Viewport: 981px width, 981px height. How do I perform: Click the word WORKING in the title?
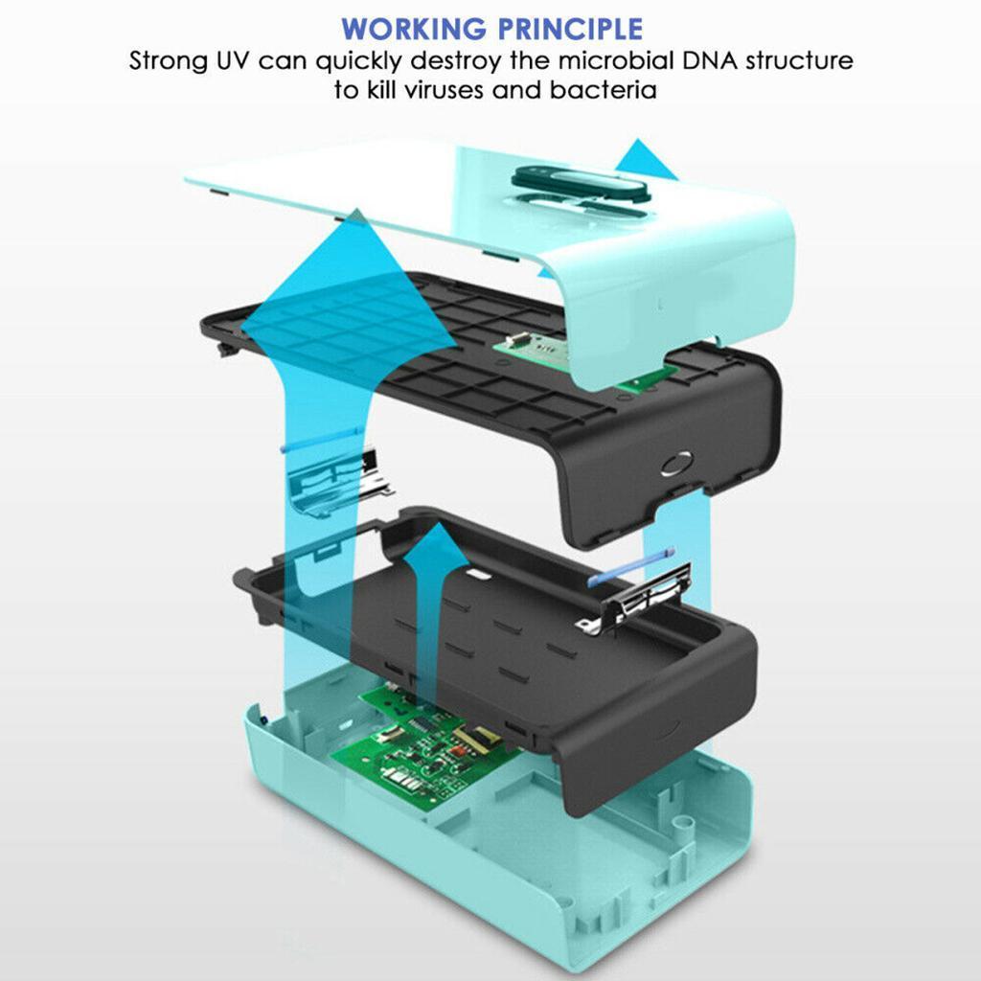(414, 29)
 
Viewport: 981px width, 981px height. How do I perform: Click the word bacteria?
(604, 89)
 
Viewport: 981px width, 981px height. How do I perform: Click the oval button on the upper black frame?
(676, 464)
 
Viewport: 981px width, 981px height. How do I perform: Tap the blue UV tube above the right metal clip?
(630, 567)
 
